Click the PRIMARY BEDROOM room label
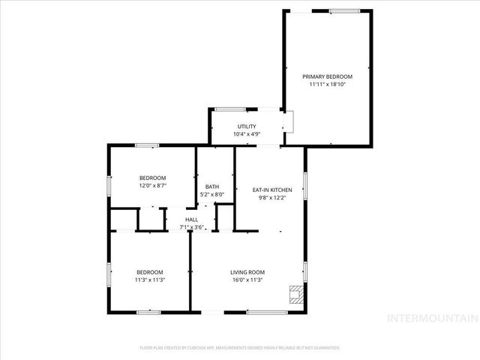click(x=327, y=76)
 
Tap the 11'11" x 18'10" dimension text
click(x=327, y=85)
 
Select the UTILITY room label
click(x=247, y=126)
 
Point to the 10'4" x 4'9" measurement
click(x=247, y=134)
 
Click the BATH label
click(x=212, y=187)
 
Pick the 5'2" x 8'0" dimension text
click(x=212, y=195)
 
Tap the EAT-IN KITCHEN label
click(x=271, y=190)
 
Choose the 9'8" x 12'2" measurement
click(x=271, y=198)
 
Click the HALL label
click(x=191, y=219)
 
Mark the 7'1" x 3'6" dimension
click(x=191, y=227)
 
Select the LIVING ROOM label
click(x=247, y=272)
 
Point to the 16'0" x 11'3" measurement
click(x=247, y=280)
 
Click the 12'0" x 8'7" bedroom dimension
click(x=152, y=186)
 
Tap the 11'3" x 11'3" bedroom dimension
click(x=150, y=280)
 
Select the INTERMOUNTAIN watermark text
click(x=430, y=319)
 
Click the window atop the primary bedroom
click(x=344, y=10)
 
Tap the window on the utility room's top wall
click(x=227, y=109)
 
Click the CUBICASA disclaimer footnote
click(x=240, y=348)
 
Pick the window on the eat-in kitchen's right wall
click(x=305, y=184)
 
